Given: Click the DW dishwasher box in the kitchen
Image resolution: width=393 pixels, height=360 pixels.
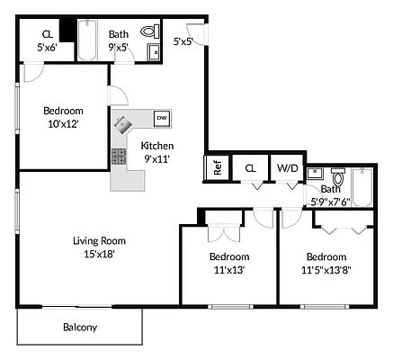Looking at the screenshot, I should (x=161, y=118).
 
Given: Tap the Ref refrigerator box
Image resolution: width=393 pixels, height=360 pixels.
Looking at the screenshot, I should (x=217, y=167).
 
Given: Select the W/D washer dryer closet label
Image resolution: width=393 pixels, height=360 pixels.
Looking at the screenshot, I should (x=287, y=167).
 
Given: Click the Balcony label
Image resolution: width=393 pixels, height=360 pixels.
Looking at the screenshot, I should (x=80, y=328).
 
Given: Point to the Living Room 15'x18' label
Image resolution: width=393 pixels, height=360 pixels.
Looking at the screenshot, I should (x=99, y=247).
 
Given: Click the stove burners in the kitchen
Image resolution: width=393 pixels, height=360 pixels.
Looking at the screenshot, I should (x=119, y=156).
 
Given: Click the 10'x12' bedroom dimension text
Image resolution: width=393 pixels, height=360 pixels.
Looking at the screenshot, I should (x=62, y=124).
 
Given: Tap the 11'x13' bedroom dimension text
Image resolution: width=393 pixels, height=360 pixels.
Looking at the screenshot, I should (x=228, y=269).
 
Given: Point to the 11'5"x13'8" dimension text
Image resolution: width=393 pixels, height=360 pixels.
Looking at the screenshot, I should (x=325, y=269).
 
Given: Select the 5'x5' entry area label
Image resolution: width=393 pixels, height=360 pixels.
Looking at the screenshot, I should (x=183, y=41).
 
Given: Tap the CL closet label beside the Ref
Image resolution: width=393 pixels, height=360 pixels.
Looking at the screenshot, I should (x=251, y=167).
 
